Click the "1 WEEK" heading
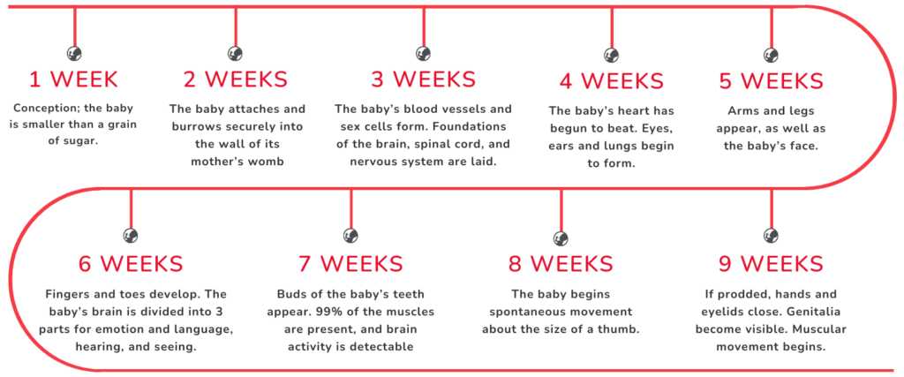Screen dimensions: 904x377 coord(74,79)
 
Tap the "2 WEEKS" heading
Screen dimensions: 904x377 coord(235,79)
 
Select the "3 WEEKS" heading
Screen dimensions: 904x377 coord(424,79)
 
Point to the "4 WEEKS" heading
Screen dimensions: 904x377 coord(612,80)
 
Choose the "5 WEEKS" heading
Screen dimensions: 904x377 coord(772,80)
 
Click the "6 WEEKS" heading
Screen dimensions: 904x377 coord(131,263)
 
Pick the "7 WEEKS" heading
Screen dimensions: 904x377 coord(350,263)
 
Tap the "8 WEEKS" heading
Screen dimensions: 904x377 coord(561,263)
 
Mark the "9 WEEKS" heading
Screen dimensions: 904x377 coord(772,263)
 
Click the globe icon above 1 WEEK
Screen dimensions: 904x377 coord(74,54)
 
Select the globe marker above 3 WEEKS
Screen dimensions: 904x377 coord(424,54)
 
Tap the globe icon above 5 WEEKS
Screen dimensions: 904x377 coord(772,55)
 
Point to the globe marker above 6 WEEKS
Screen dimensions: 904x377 coord(131,235)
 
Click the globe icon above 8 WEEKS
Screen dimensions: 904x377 coord(561,238)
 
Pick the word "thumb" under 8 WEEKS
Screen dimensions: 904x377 coord(621,329)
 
